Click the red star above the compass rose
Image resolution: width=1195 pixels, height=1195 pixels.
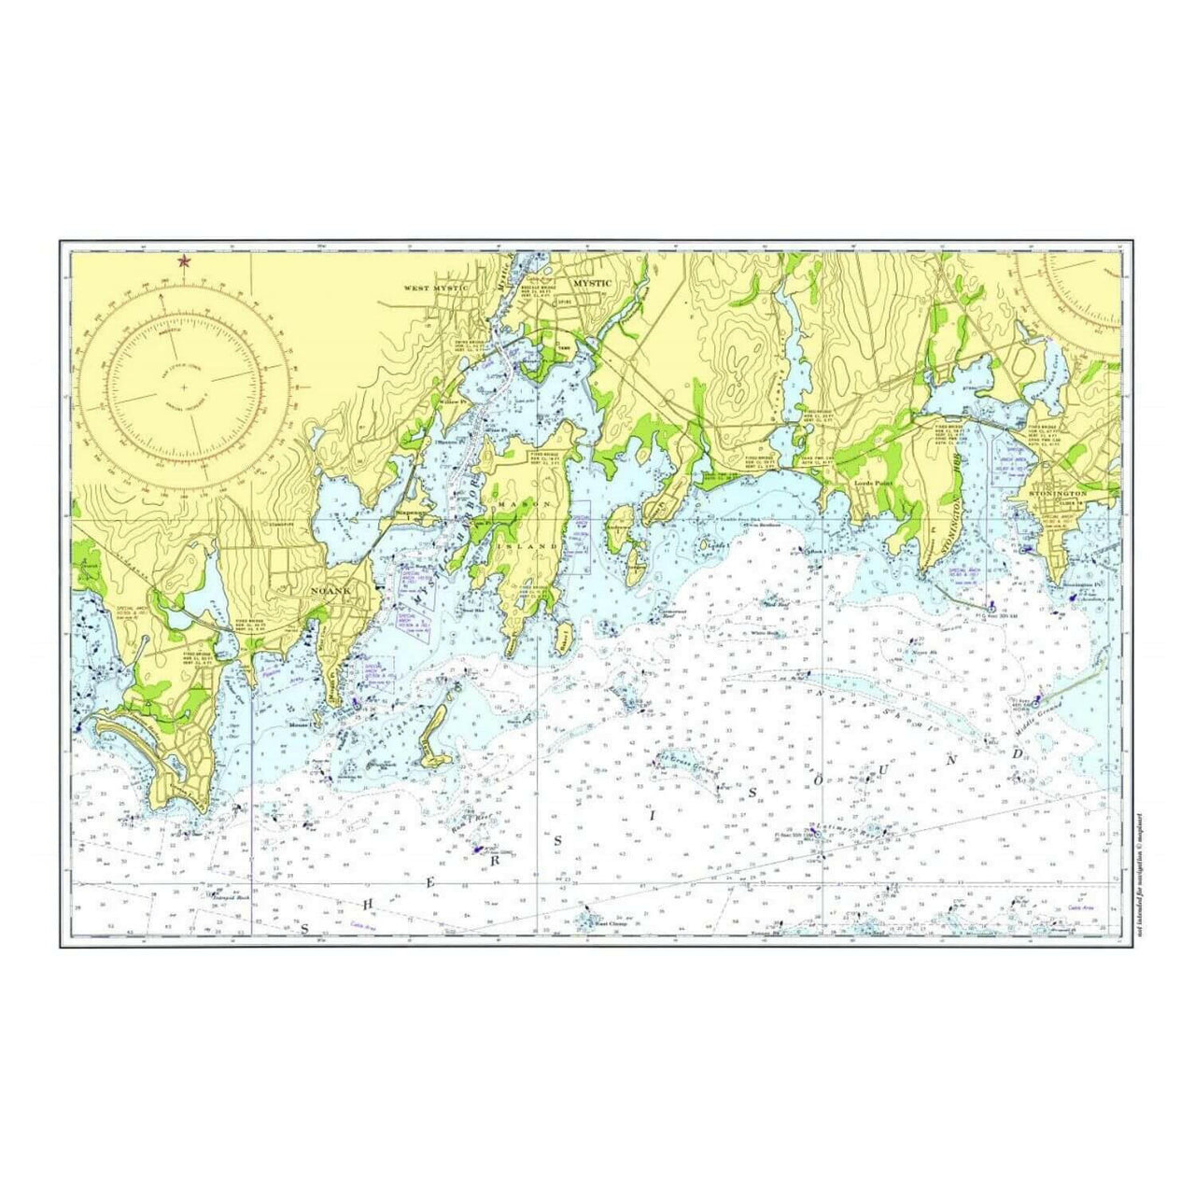184,261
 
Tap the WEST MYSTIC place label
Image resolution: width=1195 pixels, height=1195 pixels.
435,288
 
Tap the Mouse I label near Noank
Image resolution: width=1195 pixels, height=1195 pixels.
300,724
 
